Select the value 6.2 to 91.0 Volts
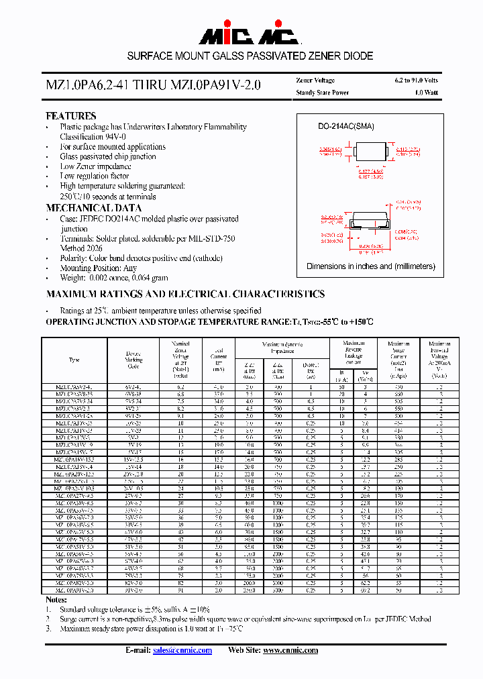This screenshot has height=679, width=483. [x=416, y=81]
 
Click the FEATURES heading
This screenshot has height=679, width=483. [x=70, y=116]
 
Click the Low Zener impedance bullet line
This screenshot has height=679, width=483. [x=95, y=166]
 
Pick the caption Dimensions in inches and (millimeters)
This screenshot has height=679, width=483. [x=371, y=266]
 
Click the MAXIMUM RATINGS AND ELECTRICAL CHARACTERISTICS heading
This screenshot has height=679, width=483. [x=185, y=294]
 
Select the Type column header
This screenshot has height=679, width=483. [x=74, y=360]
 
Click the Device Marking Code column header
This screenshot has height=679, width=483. [x=134, y=360]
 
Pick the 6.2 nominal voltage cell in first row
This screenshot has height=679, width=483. [x=180, y=387]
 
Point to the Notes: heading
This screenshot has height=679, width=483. [x=56, y=599]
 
